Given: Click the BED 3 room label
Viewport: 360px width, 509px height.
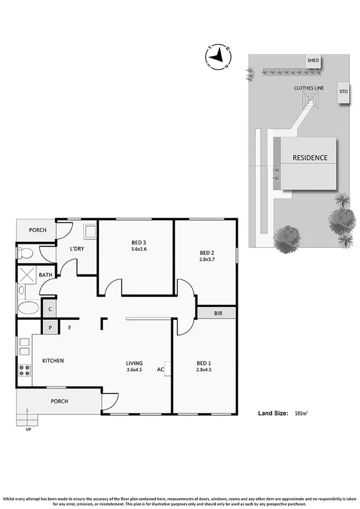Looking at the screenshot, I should tap(139, 242).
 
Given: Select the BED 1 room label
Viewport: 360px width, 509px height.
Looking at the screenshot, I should tap(204, 363).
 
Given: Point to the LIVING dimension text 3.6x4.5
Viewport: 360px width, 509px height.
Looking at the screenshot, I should tap(134, 369).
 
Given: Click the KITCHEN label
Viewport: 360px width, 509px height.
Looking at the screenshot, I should tap(53, 361).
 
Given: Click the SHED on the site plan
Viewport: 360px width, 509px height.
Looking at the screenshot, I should tap(313, 61).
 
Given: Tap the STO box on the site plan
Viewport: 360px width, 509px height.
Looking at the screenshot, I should tap(342, 92).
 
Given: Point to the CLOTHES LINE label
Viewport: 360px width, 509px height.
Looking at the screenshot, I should tap(309, 88).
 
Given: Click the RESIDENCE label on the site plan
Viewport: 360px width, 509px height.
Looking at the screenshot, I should tap(310, 158).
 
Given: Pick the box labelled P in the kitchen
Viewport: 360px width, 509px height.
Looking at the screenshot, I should tap(50, 328).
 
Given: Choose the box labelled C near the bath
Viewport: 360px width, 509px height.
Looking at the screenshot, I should tap(50, 309).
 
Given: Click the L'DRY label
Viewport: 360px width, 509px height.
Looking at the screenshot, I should tap(77, 249).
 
